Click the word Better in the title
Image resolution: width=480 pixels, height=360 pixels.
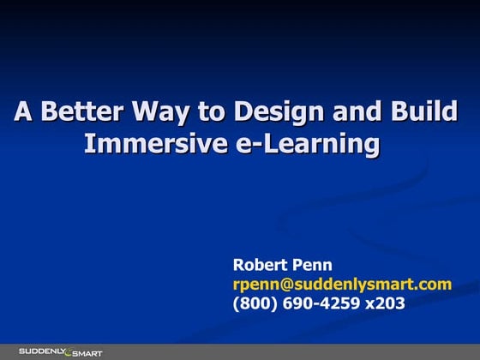pos(81,113)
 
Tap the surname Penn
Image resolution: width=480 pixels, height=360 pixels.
pos(314,265)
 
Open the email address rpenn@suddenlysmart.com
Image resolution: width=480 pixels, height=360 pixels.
pos(342,284)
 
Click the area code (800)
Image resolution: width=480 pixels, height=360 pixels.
pos(255,303)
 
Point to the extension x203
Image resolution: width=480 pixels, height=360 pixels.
pos(385,303)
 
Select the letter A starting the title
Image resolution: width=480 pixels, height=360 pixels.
pos(23,113)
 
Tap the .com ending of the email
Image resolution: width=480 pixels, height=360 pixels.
pos(435,284)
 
